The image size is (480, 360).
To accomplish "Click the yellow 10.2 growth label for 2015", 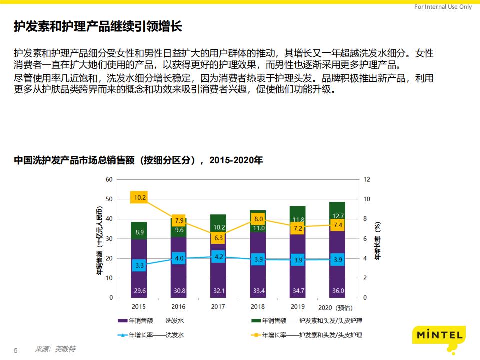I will [140, 197].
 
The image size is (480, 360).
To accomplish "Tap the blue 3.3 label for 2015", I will [140, 266].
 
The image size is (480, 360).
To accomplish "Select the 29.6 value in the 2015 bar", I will [140, 290].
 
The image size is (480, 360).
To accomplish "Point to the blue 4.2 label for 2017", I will [218, 257].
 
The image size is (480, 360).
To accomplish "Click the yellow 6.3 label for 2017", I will [218, 238].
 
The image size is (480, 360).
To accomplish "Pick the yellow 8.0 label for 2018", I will [258, 219].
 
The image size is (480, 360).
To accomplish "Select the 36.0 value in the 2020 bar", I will [338, 290].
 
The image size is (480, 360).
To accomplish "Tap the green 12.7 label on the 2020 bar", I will [338, 216].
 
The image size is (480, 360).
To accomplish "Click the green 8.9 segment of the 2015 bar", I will [140, 232].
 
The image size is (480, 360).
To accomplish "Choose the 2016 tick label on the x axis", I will [178, 307].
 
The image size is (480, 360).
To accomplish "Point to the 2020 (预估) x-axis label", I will [335, 307].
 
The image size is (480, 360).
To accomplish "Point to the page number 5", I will [15, 350].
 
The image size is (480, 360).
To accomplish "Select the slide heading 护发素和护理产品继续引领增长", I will [98, 27].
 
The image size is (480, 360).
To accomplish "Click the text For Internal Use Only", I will [443, 7].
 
